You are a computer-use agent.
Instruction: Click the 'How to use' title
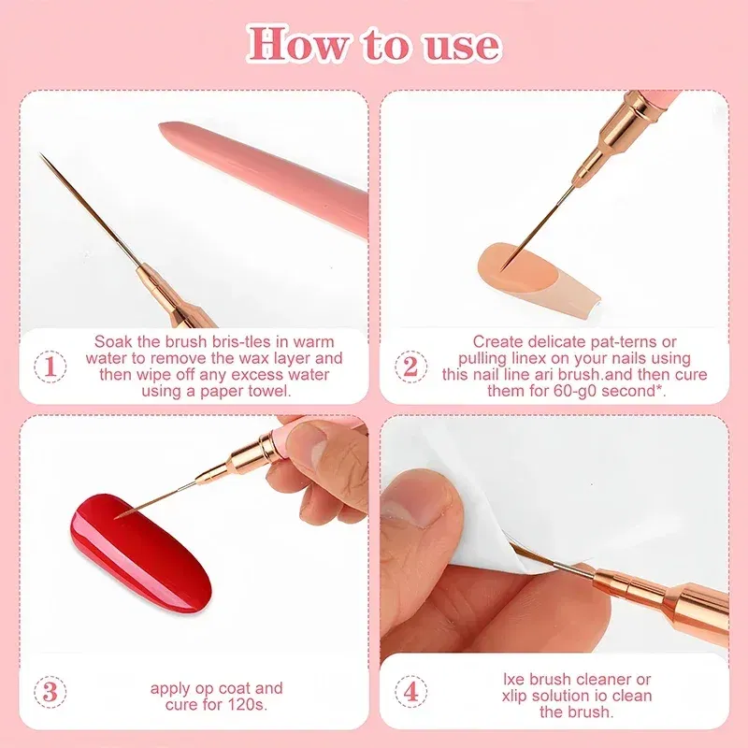(373, 44)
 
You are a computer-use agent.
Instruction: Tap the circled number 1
(50, 366)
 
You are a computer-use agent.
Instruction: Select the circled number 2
(409, 366)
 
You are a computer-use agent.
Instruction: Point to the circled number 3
(50, 692)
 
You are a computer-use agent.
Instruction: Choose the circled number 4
(409, 692)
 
